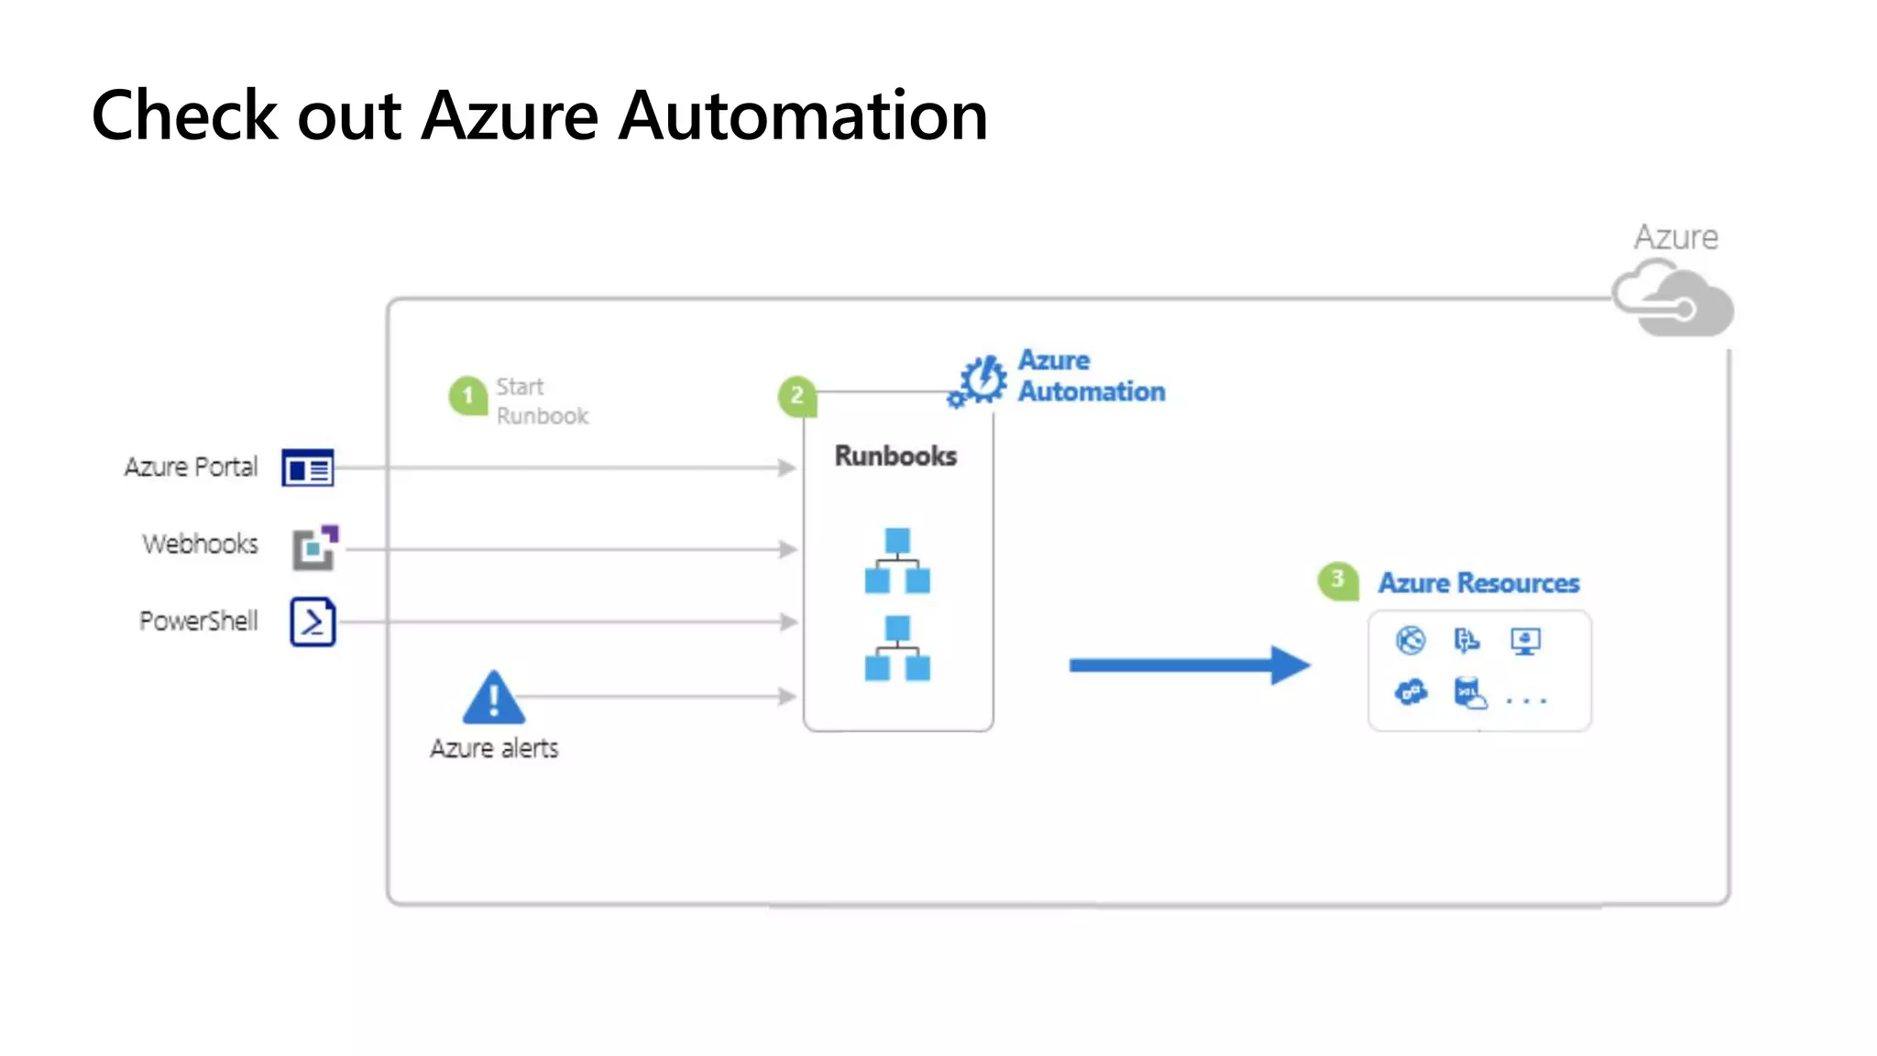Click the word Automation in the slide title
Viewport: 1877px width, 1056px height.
[803, 116]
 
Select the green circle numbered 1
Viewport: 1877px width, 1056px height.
[467, 396]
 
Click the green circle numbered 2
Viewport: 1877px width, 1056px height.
[796, 396]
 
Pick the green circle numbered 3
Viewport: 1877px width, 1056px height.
[1337, 580]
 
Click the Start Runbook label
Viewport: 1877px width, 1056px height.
[541, 401]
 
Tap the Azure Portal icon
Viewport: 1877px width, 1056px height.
[308, 468]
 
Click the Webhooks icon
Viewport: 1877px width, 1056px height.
[314, 547]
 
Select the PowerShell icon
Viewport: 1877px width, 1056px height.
[313, 622]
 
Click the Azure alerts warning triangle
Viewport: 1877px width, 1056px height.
[494, 699]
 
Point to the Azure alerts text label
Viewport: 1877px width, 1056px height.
[494, 749]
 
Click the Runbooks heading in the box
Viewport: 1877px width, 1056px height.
[895, 456]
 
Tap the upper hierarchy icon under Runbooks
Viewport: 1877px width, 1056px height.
[897, 560]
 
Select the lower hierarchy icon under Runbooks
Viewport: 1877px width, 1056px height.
[897, 648]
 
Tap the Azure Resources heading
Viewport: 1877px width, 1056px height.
[1478, 583]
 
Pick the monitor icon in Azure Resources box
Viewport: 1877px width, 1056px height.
[1525, 641]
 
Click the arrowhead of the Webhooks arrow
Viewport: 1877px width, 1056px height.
[787, 549]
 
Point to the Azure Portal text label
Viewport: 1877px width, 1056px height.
[192, 467]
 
